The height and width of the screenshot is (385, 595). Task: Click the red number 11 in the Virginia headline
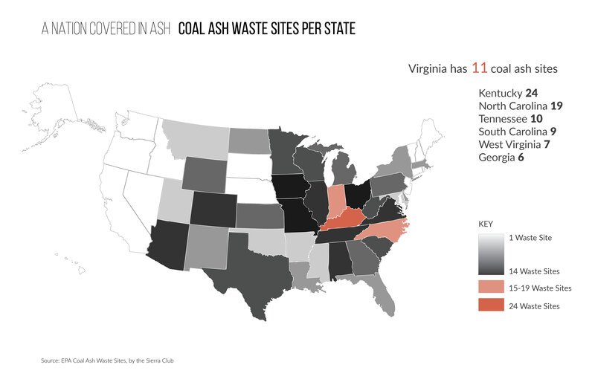(479, 68)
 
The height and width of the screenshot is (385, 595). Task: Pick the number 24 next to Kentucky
(531, 94)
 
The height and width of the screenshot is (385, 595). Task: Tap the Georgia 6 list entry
(503, 157)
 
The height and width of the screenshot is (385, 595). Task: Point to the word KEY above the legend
(486, 223)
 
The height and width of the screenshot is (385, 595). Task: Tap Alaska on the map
(56, 119)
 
